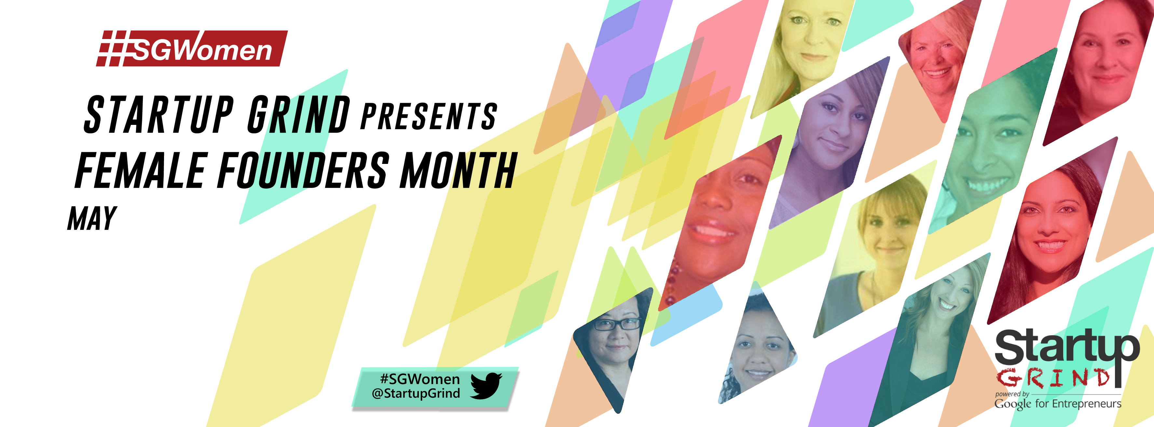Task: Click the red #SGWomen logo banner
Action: coord(192,48)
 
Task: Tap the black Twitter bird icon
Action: coord(487,385)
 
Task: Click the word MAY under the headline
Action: coord(92,219)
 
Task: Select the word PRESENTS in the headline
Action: coord(429,116)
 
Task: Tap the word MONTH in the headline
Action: coord(458,170)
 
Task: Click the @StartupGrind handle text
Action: coord(416,394)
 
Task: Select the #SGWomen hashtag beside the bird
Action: coord(420,379)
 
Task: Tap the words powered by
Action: coord(1012,394)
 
